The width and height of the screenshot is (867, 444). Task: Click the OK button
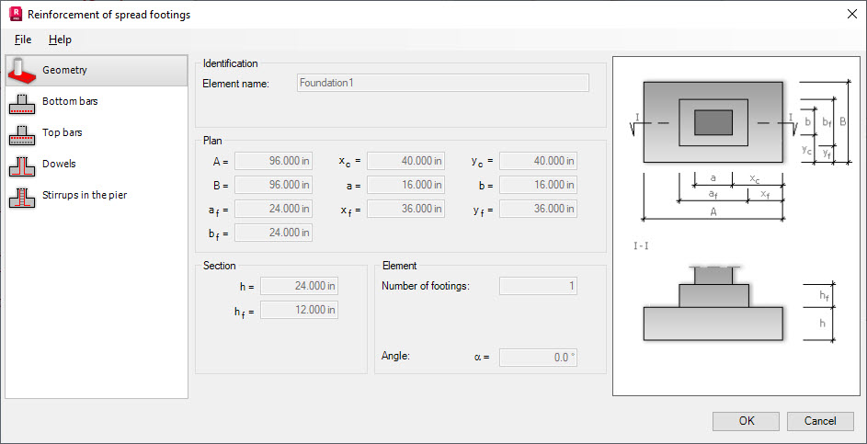coord(746,421)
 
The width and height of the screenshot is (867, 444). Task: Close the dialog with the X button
coord(850,14)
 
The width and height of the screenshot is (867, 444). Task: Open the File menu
coord(23,40)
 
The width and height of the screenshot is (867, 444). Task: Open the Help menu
coord(60,40)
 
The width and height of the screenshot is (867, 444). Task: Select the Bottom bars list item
coord(70,101)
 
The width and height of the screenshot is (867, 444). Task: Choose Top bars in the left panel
coord(63,132)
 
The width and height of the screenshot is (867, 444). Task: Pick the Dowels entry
coord(59,164)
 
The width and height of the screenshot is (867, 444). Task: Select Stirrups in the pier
coord(84,195)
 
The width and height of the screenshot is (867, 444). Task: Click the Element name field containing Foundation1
coord(442,83)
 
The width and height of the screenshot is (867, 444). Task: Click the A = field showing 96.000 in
coord(273,161)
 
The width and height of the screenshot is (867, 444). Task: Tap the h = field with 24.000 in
coord(299,286)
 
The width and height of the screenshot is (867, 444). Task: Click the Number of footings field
coord(538,286)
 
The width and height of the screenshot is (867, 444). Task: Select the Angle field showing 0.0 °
coord(538,358)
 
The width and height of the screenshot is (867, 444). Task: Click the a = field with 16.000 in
coord(405,185)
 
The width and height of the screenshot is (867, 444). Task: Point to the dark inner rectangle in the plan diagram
coord(713,121)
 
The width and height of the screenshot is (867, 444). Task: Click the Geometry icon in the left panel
coord(22,70)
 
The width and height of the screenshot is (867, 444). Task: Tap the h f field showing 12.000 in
coord(299,310)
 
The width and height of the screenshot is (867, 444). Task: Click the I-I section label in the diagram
coord(642,246)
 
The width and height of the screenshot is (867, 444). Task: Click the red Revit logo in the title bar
coord(14,14)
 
